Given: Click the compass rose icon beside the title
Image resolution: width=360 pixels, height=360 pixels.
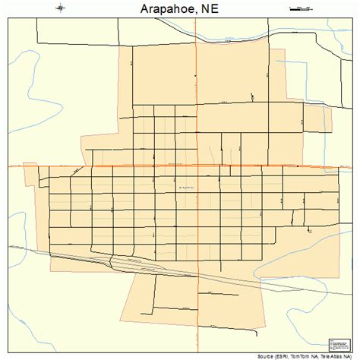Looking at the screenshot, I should coord(62,9).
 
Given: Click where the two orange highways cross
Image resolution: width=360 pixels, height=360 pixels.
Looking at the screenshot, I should coord(197,166).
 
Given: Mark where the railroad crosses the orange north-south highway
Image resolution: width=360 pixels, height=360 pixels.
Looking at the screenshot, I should coord(197,277).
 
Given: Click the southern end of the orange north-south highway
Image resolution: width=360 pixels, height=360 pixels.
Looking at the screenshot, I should coord(197,350).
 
